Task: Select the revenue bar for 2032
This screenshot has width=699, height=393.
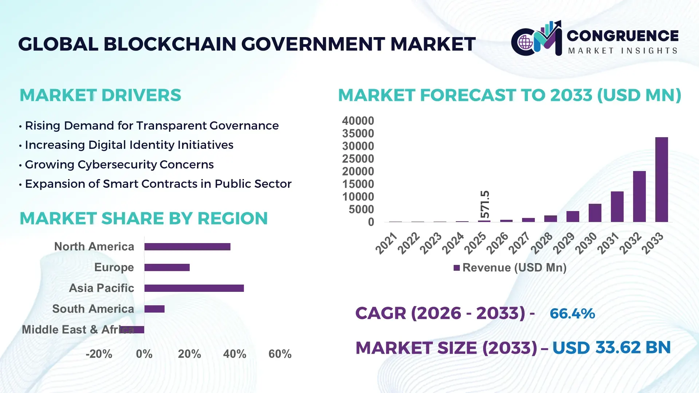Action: [x=639, y=196]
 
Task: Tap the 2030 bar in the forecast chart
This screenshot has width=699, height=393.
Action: [x=595, y=213]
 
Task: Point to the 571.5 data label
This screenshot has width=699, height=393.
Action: [x=485, y=204]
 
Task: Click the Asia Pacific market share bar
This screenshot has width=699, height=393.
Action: [x=194, y=288]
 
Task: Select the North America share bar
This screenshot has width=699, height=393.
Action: [x=187, y=247]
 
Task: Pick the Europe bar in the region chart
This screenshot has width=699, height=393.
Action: [x=167, y=267]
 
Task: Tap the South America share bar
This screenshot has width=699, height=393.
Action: [x=154, y=309]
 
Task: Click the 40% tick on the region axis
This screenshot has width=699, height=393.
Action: [x=234, y=354]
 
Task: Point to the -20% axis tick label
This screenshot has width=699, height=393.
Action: [x=99, y=354]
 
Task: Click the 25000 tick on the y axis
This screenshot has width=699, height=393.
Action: [x=358, y=159]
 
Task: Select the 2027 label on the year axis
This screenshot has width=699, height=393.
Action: [x=519, y=243]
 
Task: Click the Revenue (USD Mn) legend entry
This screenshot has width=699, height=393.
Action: [x=510, y=268]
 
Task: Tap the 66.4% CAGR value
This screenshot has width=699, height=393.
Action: [x=572, y=314]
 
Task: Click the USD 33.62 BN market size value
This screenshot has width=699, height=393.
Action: [x=611, y=348]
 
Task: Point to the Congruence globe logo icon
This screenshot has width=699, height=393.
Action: [x=525, y=42]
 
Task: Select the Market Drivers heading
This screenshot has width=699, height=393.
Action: [x=100, y=95]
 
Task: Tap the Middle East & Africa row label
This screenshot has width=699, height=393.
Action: [x=78, y=330]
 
